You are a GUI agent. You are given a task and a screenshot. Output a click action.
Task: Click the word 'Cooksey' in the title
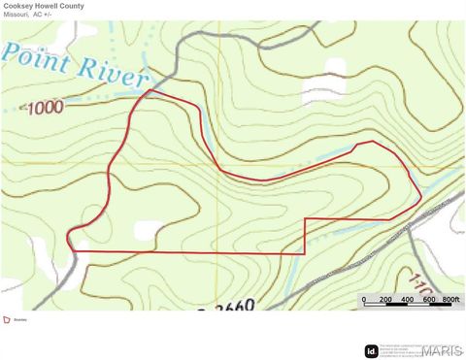[x=17, y=6]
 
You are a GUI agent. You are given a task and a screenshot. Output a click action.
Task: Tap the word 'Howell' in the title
[x=46, y=6]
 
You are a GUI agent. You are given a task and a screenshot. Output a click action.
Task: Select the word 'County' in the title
[x=72, y=6]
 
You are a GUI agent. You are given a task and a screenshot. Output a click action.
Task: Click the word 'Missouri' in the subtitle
[x=16, y=15]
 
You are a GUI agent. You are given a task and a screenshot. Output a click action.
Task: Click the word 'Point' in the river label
[x=37, y=60]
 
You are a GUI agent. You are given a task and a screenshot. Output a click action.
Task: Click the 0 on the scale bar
[x=364, y=300]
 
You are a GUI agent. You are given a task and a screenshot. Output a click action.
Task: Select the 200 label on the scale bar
[x=385, y=300]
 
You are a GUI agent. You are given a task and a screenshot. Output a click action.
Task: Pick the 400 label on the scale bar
[x=408, y=300]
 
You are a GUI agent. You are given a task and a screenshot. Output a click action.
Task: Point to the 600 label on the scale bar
[x=429, y=300]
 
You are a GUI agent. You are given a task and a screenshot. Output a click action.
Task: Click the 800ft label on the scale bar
[x=450, y=300]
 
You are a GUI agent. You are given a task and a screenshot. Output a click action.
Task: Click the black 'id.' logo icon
[x=371, y=351]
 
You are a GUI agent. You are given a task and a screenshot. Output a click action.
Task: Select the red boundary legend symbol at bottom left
[x=7, y=319]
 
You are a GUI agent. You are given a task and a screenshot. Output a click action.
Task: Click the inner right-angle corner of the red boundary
[x=306, y=219]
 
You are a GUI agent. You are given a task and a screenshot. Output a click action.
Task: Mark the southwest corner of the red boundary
[x=72, y=251]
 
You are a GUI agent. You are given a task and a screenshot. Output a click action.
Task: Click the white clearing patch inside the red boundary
[x=148, y=231]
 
